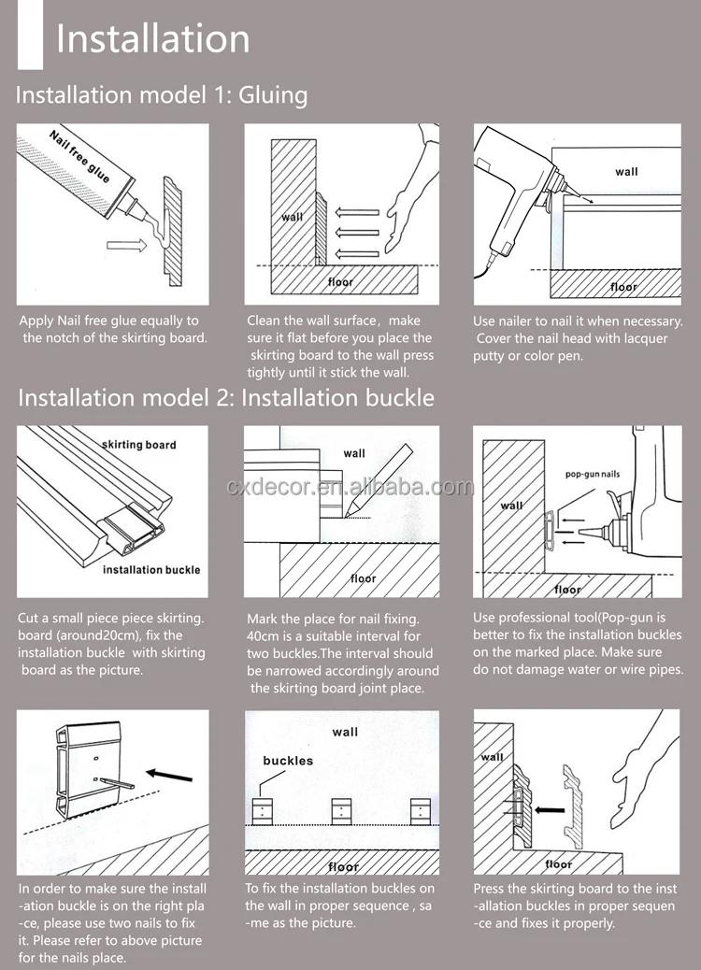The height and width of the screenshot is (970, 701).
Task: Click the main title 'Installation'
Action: pyautogui.click(x=152, y=39)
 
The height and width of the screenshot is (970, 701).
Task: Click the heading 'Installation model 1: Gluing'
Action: pyautogui.click(x=162, y=95)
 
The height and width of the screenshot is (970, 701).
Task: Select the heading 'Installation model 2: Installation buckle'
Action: pyautogui.click(x=226, y=397)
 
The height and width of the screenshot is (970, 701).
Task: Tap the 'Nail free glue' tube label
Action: pyautogui.click(x=79, y=158)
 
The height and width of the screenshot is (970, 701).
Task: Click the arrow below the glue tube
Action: pyautogui.click(x=124, y=247)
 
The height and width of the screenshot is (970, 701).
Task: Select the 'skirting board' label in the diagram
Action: pyautogui.click(x=138, y=445)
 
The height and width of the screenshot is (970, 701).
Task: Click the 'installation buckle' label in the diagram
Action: pyautogui.click(x=150, y=569)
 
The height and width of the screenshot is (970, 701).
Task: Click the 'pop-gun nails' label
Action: pyautogui.click(x=592, y=475)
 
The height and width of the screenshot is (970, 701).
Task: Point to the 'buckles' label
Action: pyautogui.click(x=288, y=761)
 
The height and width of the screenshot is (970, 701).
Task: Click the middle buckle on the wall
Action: pyautogui.click(x=342, y=809)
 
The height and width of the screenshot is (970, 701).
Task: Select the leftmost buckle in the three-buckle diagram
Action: pyautogui.click(x=265, y=809)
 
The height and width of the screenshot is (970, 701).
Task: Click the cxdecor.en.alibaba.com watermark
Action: pyautogui.click(x=350, y=487)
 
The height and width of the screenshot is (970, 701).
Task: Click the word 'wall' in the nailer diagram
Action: pyautogui.click(x=626, y=171)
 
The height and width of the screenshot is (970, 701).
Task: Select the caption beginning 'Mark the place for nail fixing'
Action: pyautogui.click(x=342, y=653)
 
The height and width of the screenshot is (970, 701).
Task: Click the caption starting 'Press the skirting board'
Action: pyautogui.click(x=574, y=906)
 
